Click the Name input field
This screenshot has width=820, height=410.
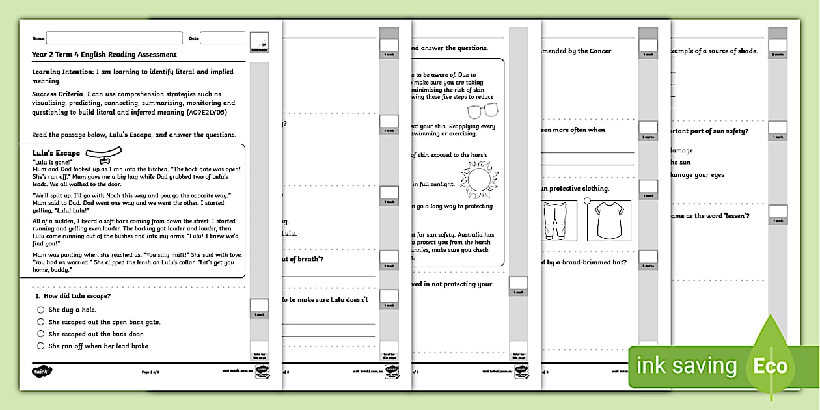coord(114,38)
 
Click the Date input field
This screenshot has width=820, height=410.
coord(222,38)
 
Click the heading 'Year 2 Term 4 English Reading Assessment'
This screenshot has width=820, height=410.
coord(104,55)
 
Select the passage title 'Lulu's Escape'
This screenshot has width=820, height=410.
coord(56,153)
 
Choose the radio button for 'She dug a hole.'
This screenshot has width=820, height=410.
coord(41,310)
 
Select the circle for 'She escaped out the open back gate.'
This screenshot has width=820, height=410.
coord(41,321)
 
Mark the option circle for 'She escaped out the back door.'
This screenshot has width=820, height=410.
coord(41,334)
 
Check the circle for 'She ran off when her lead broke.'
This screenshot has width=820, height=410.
coord(41,346)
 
